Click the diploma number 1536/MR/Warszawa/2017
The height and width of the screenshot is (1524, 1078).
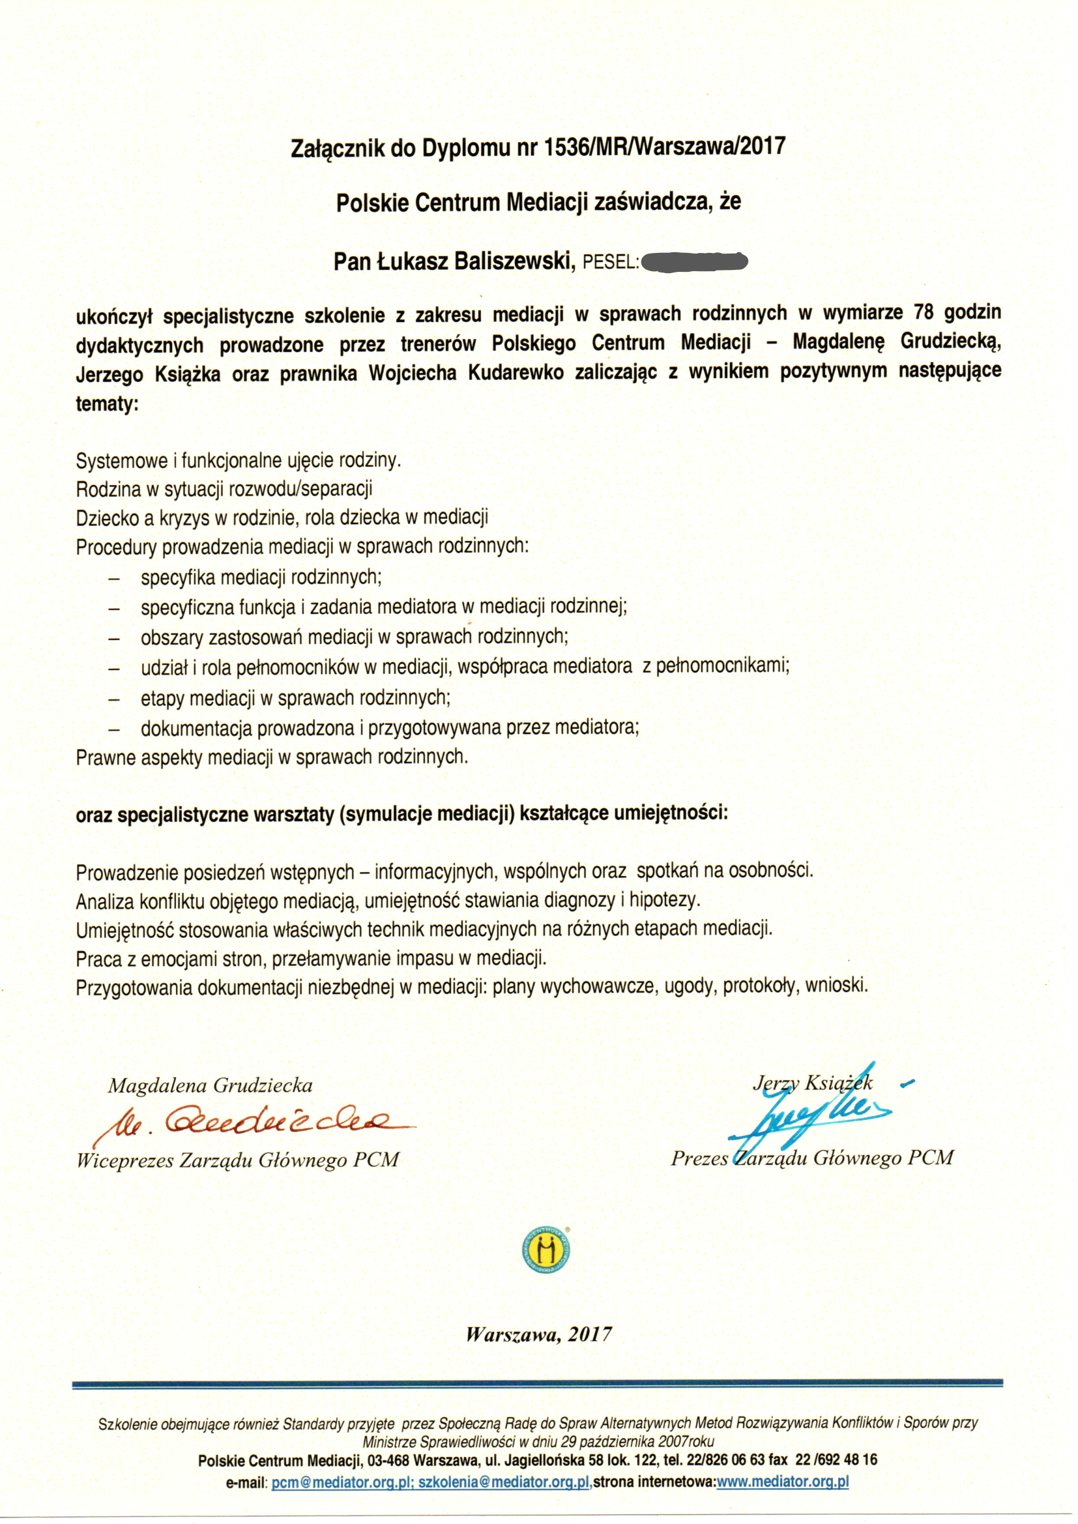[x=664, y=146]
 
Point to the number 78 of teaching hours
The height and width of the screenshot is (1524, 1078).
[x=924, y=313]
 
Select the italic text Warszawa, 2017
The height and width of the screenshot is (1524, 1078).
[x=538, y=1334]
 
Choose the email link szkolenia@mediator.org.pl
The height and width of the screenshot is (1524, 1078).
[x=504, y=1482]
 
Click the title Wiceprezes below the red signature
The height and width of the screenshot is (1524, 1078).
[x=124, y=1160]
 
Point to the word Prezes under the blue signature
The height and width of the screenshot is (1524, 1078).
[x=699, y=1158]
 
